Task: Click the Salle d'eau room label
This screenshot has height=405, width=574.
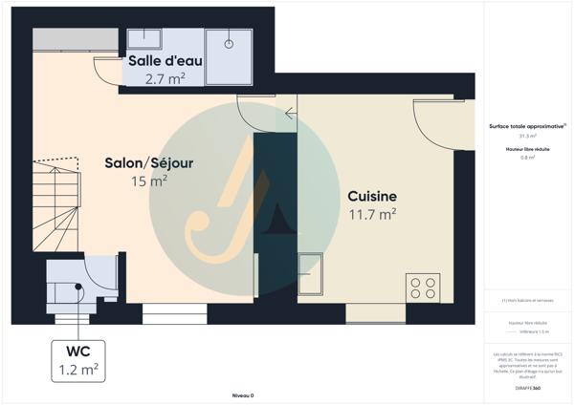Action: click(x=165, y=62)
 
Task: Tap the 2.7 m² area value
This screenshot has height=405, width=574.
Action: click(x=165, y=79)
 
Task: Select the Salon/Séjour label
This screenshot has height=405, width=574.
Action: click(x=148, y=163)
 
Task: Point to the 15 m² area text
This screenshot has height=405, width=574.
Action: click(x=148, y=180)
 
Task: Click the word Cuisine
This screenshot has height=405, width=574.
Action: click(x=372, y=197)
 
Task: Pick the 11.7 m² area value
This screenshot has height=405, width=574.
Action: click(x=372, y=215)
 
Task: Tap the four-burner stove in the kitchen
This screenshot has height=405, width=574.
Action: click(x=422, y=286)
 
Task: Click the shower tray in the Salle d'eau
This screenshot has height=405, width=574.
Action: click(x=229, y=55)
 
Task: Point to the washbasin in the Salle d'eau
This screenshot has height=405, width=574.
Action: click(x=144, y=38)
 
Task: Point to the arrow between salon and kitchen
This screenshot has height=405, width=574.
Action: click(x=290, y=115)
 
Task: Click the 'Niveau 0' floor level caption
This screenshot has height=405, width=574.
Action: click(x=245, y=394)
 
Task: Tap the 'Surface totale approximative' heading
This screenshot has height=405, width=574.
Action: click(x=526, y=126)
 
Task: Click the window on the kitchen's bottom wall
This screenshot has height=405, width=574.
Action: click(x=368, y=313)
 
